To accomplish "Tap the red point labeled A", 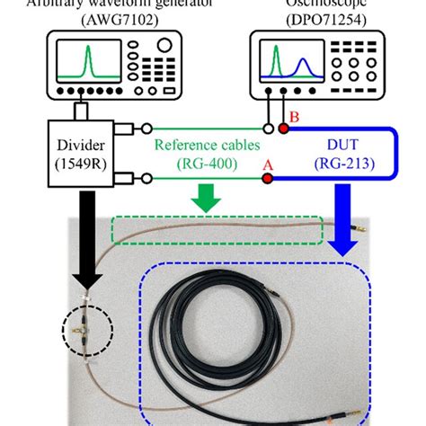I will [267, 179].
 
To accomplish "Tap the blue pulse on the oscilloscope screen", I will [304, 68].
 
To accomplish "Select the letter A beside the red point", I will [267, 164].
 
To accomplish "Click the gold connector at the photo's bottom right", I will [363, 410].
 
